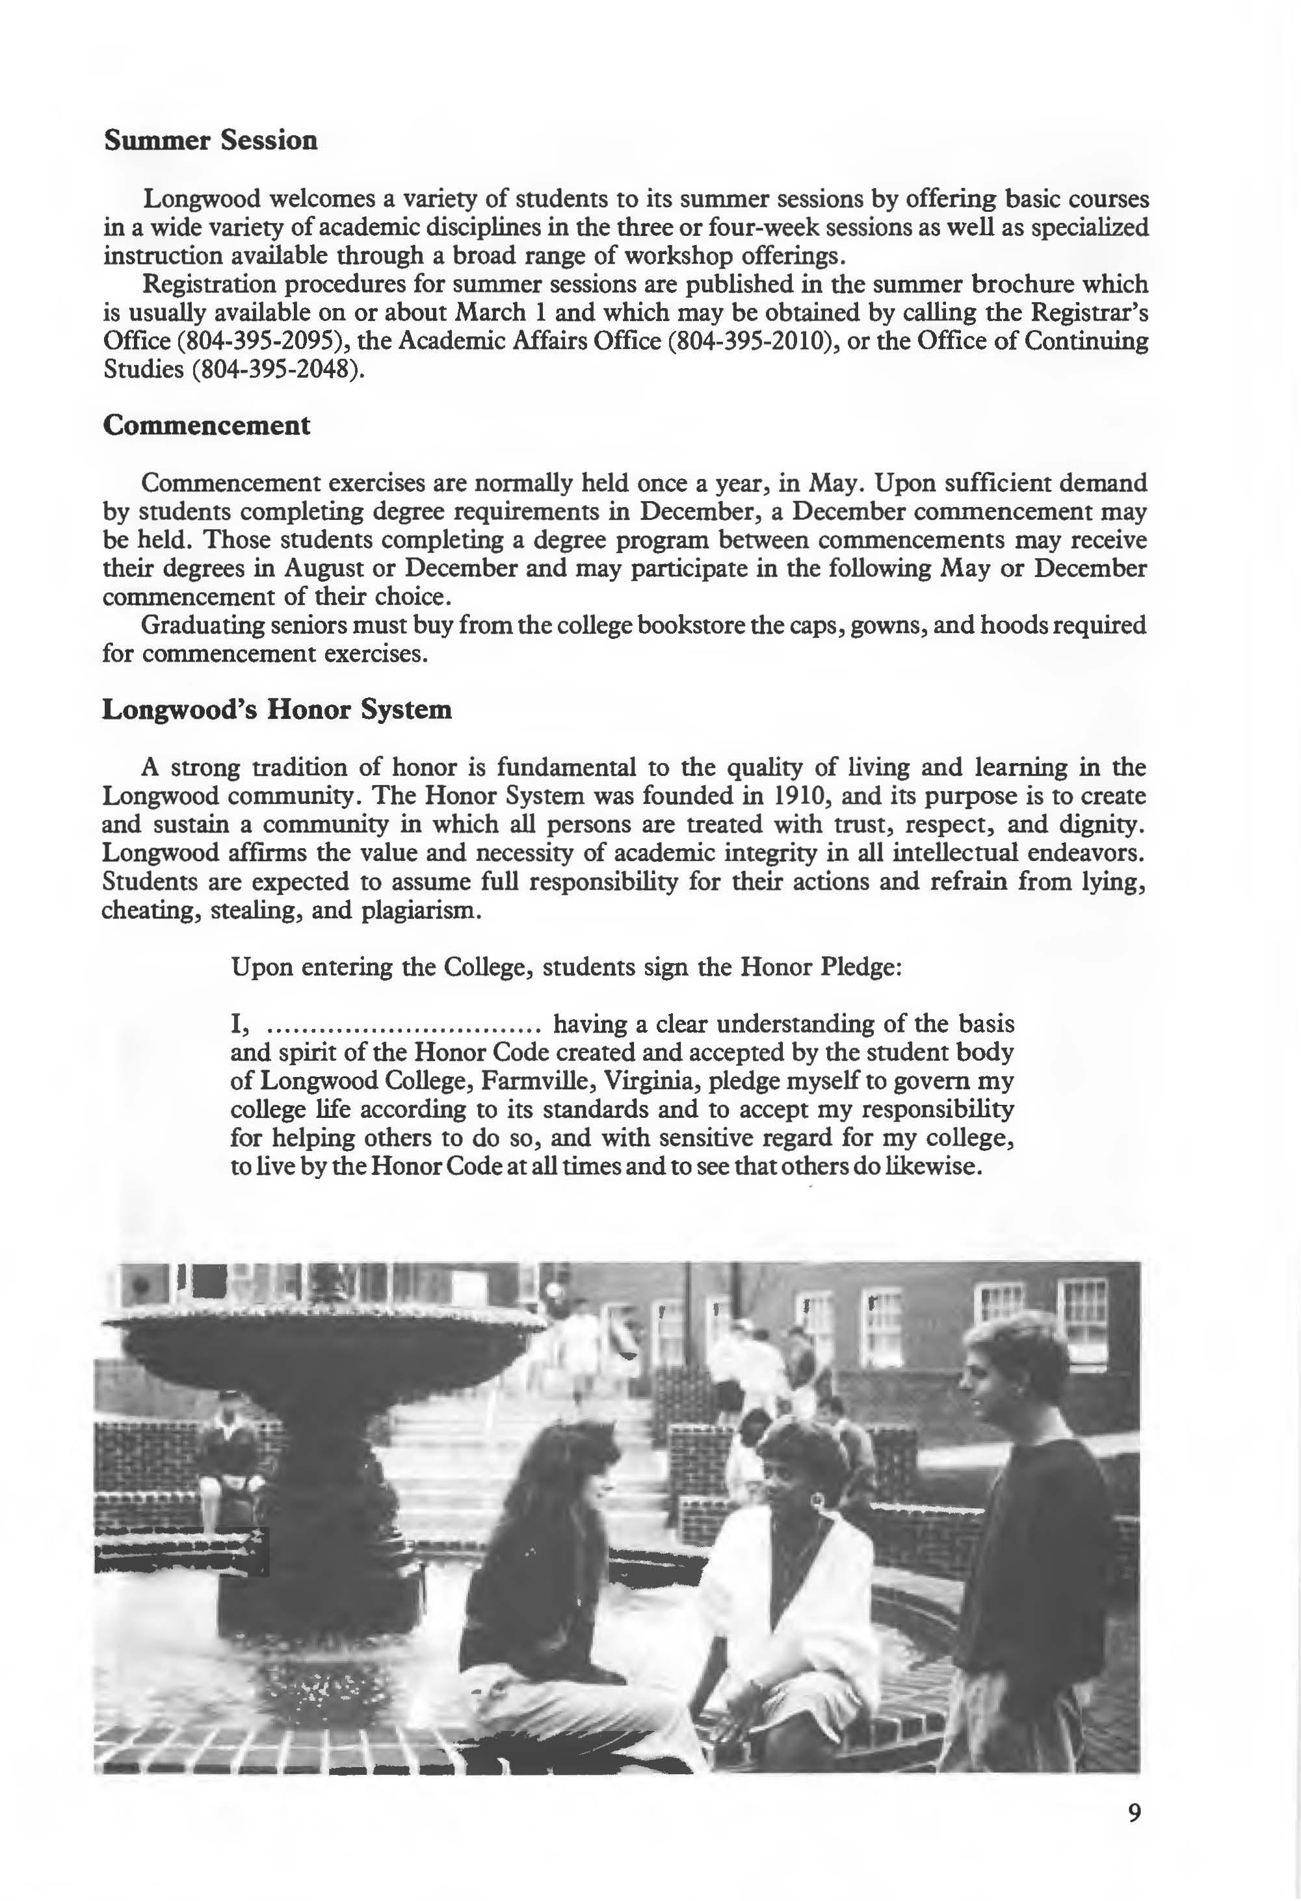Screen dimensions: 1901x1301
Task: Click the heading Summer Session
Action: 210,140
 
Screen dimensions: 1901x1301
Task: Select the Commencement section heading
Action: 206,425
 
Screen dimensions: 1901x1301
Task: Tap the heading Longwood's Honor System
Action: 276,709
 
